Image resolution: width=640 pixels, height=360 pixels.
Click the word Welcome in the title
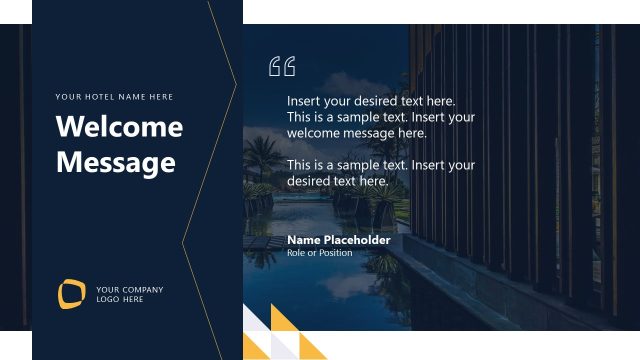(119, 128)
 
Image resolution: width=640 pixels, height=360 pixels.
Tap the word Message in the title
(116, 162)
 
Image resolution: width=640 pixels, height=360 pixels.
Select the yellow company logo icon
(71, 293)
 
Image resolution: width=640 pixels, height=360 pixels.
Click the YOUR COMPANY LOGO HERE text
(129, 294)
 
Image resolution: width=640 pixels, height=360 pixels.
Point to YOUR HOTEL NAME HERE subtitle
(114, 97)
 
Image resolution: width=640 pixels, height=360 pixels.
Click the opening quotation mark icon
(282, 67)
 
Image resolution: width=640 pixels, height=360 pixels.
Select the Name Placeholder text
(338, 240)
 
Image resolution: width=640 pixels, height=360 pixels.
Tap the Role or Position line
(319, 253)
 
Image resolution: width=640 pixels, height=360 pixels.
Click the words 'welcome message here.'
(356, 133)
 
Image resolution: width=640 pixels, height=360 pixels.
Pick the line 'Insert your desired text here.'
(371, 101)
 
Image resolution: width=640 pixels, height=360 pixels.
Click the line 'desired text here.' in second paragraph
(337, 181)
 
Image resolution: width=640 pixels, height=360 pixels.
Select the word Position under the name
(335, 253)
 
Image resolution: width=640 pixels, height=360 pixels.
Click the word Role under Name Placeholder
(296, 253)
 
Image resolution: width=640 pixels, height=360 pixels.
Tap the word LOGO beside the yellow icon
(106, 299)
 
